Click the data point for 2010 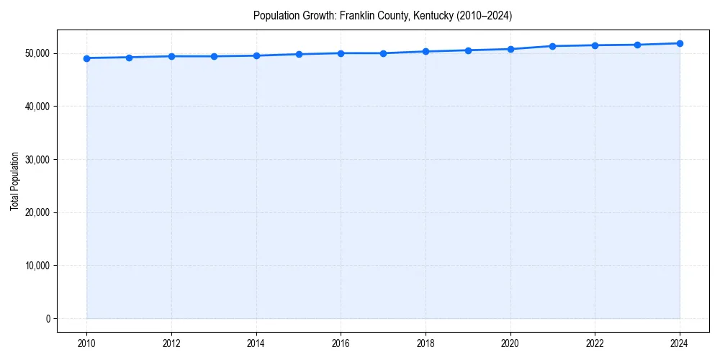coord(86,58)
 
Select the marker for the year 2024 coord(680,43)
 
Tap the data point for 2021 coord(552,46)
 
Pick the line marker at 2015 coord(298,54)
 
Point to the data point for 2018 coord(426,51)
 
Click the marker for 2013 coord(214,56)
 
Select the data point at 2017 coord(383,53)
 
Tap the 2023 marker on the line coord(637,45)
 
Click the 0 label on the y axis coord(47,318)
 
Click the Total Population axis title coord(14,181)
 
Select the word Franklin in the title coord(357,15)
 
